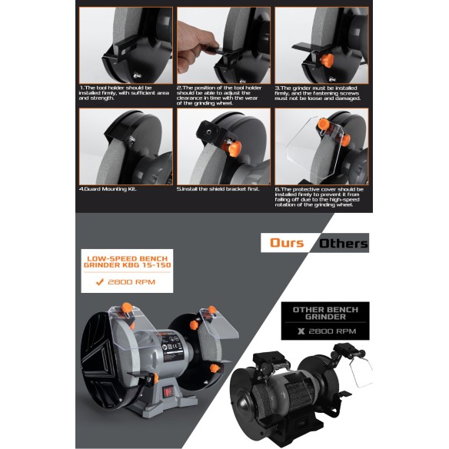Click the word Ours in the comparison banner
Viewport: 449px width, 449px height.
point(287,243)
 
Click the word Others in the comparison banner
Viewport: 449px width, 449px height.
point(343,243)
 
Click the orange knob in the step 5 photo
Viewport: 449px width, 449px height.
point(228,145)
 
